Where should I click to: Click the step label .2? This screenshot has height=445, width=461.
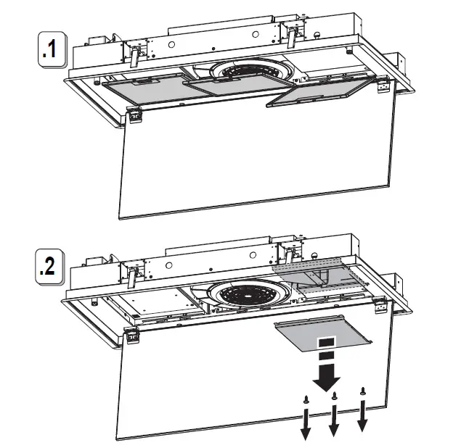click(x=50, y=266)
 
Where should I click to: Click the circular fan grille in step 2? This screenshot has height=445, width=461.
click(x=245, y=293)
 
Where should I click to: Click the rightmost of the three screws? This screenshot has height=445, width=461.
click(x=362, y=392)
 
